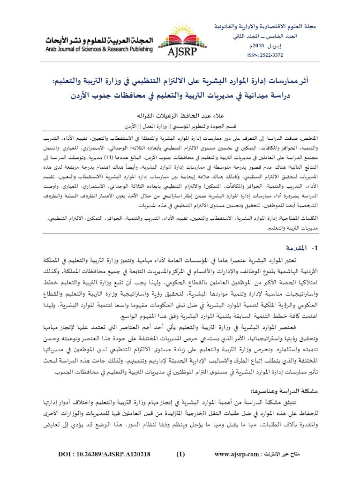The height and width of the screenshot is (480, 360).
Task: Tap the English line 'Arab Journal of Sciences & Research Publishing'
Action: pyautogui.click(x=99, y=49)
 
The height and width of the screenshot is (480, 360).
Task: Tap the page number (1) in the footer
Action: pyautogui.click(x=181, y=467)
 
